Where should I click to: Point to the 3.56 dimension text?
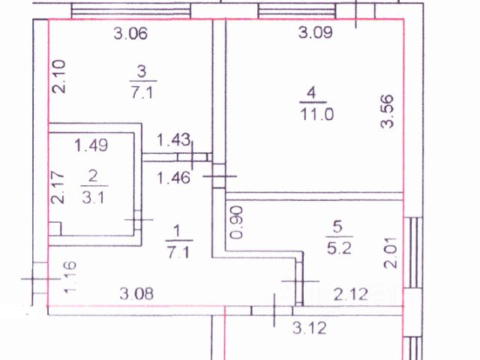coord(388,112)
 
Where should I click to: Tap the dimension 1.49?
coord(91,145)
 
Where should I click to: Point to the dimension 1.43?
coord(173,139)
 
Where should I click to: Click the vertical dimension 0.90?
coord(236,222)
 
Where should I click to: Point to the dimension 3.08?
coord(137,293)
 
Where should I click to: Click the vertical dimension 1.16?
coord(69,277)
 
